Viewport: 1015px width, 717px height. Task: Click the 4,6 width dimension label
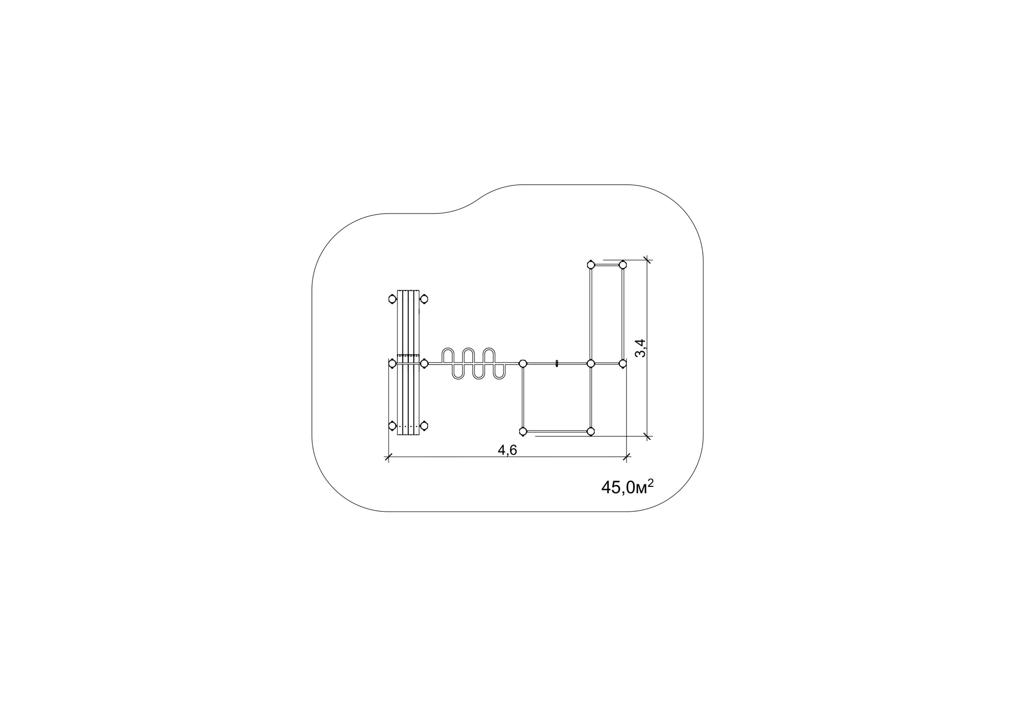[x=507, y=450]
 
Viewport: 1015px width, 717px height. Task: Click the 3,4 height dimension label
[x=641, y=348]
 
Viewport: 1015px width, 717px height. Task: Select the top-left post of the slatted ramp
[x=392, y=299]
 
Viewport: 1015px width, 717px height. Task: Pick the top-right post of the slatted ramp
[x=424, y=299]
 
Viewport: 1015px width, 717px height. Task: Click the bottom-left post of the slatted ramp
[x=392, y=426]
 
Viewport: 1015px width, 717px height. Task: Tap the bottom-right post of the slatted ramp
[x=424, y=426]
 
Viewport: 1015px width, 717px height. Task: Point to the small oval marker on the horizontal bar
[x=557, y=364]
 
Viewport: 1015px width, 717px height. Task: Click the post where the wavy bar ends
[x=523, y=364]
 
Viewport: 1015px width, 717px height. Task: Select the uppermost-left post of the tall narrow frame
[x=591, y=265]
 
